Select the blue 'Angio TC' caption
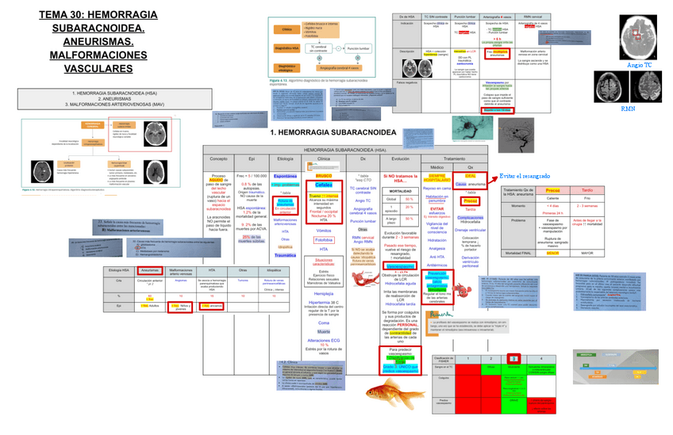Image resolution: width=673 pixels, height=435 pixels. tap(640, 66)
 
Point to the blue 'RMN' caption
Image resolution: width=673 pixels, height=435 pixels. tap(628, 109)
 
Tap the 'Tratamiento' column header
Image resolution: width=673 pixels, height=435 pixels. tap(454, 158)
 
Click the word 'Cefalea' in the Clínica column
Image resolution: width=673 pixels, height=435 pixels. tap(323, 185)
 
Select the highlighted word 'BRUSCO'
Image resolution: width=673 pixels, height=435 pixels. tap(323, 175)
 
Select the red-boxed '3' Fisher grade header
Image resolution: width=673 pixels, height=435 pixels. tap(513, 359)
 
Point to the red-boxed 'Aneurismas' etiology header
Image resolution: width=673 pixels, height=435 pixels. tap(151, 271)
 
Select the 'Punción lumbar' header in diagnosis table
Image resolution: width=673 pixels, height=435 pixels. tap(465, 16)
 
